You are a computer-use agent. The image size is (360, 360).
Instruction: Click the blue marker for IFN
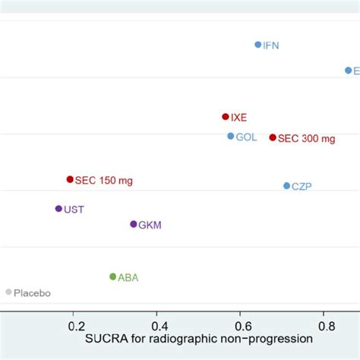click(258, 45)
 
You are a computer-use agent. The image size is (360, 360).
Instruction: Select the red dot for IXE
click(226, 117)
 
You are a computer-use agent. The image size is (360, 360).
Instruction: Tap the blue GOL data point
click(231, 137)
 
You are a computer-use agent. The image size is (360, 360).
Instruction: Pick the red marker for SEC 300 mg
click(273, 137)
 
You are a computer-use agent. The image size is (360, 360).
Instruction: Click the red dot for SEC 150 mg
click(70, 179)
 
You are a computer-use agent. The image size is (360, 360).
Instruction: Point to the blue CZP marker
click(286, 185)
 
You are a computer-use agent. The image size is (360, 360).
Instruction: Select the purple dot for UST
click(58, 208)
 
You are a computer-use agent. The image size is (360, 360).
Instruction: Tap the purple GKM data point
click(134, 224)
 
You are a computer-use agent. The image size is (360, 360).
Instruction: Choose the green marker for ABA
click(112, 276)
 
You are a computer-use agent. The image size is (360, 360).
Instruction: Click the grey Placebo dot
click(8, 292)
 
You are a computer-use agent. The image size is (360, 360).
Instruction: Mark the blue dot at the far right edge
click(349, 70)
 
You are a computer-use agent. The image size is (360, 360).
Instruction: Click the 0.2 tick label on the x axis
click(76, 326)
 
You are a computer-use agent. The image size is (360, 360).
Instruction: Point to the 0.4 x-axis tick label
click(156, 326)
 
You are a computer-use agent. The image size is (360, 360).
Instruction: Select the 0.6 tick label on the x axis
click(240, 326)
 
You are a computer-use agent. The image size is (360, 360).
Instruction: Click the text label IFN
click(271, 46)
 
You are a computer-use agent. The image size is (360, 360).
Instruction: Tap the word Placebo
click(32, 292)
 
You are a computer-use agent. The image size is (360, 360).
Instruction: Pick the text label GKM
click(150, 225)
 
